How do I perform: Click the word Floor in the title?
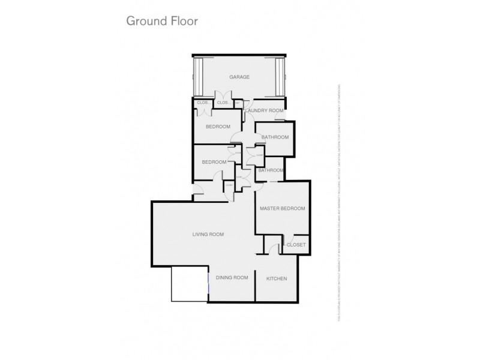pyautogui.click(x=185, y=20)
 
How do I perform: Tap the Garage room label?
pyautogui.click(x=239, y=77)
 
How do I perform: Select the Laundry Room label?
pyautogui.click(x=264, y=111)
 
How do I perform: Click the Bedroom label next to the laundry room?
pyautogui.click(x=218, y=127)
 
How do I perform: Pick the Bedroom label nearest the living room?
pyautogui.click(x=214, y=162)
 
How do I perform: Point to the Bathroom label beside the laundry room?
pyautogui.click(x=275, y=137)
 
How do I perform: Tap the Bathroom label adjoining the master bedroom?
pyautogui.click(x=270, y=170)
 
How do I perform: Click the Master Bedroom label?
pyautogui.click(x=282, y=209)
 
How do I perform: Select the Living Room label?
pyautogui.click(x=208, y=234)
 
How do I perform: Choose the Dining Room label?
pyautogui.click(x=233, y=278)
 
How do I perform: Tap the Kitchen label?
pyautogui.click(x=277, y=278)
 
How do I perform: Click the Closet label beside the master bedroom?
pyautogui.click(x=296, y=245)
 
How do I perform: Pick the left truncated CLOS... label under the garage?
pyautogui.click(x=202, y=103)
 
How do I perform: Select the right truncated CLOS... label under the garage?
pyautogui.click(x=223, y=103)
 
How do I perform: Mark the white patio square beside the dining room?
pyautogui.click(x=189, y=284)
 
